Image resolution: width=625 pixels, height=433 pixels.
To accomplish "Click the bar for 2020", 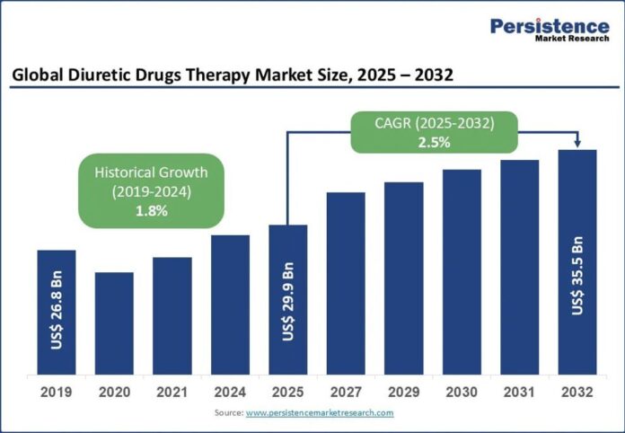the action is [x=114, y=323].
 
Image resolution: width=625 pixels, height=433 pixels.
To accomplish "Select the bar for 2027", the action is [x=346, y=284].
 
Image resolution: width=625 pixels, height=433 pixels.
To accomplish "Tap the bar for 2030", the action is [x=462, y=272].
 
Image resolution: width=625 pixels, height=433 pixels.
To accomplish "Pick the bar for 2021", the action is [x=172, y=316].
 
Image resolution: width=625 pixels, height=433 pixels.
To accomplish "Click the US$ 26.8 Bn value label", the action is [x=57, y=310].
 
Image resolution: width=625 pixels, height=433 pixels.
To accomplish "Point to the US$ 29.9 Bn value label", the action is [x=287, y=302].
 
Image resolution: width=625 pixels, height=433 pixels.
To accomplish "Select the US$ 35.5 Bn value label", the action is [x=577, y=276].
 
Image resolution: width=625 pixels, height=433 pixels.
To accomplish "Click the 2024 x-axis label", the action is [x=230, y=393].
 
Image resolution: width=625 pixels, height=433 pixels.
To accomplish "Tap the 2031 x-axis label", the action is [x=519, y=393].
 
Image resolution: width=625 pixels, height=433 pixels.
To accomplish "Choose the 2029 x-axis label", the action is [x=404, y=393].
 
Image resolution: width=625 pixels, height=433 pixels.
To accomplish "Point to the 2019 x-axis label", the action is [x=57, y=393].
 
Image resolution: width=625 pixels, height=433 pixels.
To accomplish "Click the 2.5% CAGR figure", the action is [x=434, y=142].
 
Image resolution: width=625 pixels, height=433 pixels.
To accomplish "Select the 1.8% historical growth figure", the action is [x=152, y=211].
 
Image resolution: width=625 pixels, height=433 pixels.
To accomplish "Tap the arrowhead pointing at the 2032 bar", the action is [x=577, y=144].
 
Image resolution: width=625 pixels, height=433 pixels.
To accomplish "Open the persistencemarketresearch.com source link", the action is [x=320, y=413].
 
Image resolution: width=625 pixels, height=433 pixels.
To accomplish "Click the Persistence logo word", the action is [x=550, y=26].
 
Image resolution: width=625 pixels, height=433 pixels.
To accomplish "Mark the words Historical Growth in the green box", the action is [x=151, y=172].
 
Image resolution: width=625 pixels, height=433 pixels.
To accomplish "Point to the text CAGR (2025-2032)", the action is [x=434, y=124].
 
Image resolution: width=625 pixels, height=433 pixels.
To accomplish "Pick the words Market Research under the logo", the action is [x=572, y=39].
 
